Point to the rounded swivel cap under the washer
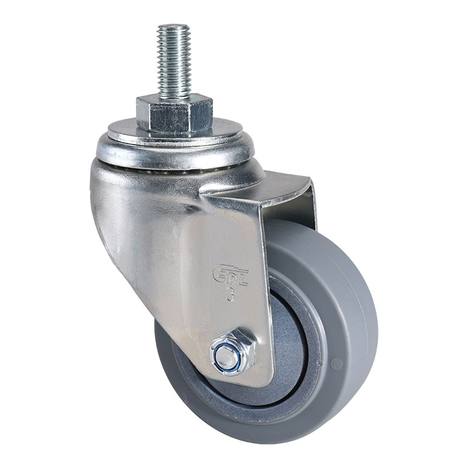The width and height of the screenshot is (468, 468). [175, 149]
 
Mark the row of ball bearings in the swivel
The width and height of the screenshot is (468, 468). [175, 167]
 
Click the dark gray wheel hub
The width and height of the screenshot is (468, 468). [292, 345]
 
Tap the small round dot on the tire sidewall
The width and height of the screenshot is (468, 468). [336, 364]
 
